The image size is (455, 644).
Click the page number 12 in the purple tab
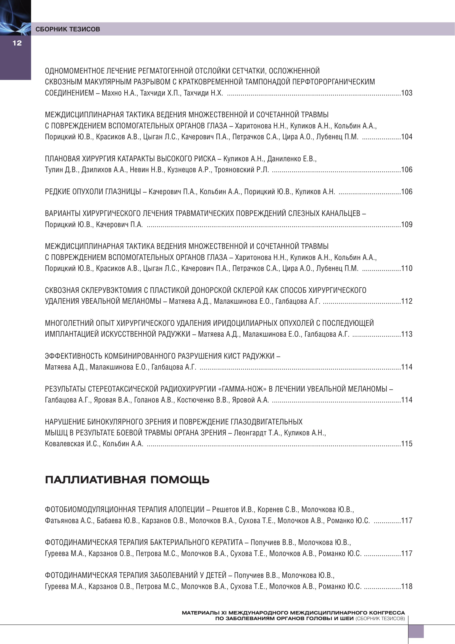click(x=17, y=43)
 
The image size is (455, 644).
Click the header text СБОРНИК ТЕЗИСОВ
click(x=68, y=29)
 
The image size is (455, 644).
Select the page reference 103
click(x=407, y=93)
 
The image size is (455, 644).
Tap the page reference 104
click(x=407, y=137)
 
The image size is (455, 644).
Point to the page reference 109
click(x=407, y=224)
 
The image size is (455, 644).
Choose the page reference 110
click(x=407, y=268)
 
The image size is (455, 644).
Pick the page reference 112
click(x=407, y=301)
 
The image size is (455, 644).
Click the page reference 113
click(x=407, y=334)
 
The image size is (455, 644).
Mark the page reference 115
click(x=407, y=444)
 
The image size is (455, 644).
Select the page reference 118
click(x=407, y=586)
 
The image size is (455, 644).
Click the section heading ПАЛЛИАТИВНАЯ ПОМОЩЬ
click(x=127, y=480)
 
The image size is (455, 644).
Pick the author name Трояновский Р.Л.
click(x=241, y=170)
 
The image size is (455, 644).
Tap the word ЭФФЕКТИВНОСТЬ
click(x=73, y=356)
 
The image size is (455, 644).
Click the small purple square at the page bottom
click(x=416, y=631)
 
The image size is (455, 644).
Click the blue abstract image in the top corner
click(x=15, y=17)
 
